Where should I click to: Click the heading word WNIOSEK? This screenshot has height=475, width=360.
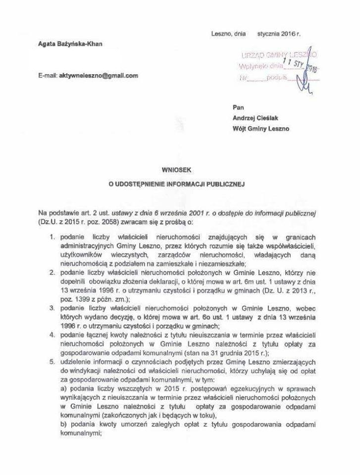179,169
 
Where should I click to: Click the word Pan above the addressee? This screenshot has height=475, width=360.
238,107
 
